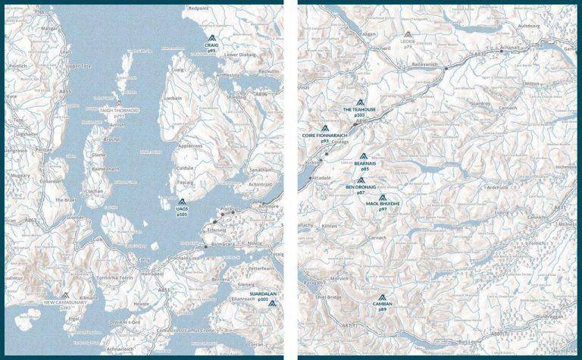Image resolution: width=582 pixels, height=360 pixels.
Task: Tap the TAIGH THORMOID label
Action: pos(120,110)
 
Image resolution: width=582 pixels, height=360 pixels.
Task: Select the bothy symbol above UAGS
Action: pos(181,202)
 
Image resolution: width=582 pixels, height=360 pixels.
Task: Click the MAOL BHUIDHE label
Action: pos(383,204)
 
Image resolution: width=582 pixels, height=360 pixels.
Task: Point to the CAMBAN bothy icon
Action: pos(383,297)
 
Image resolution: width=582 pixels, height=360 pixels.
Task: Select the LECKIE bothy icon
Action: pos(408,34)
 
